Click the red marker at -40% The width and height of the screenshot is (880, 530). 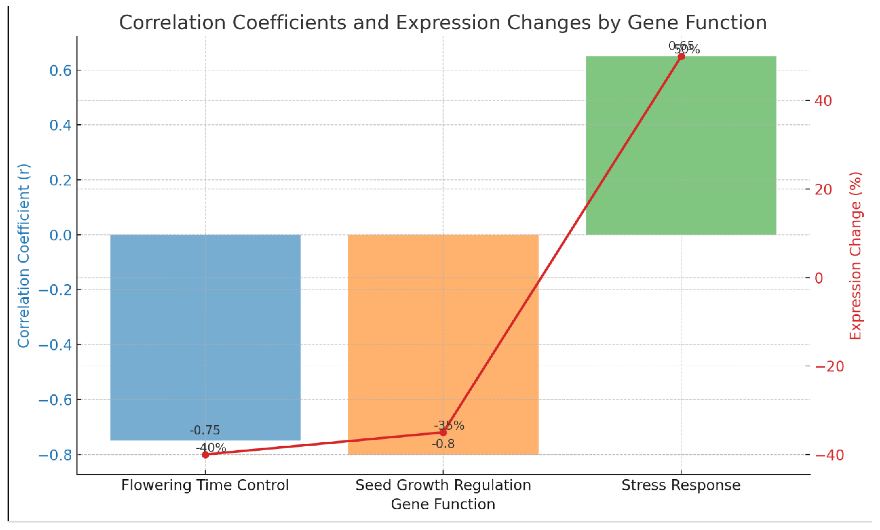coord(205,455)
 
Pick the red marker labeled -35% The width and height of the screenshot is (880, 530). coord(443,433)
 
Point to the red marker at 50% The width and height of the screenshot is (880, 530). coord(681,57)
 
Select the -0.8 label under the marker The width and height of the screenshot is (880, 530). coord(443,444)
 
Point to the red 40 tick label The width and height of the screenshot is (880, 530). coord(823,101)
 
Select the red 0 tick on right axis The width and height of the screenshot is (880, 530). coord(819,278)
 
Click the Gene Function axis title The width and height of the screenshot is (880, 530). coord(443,504)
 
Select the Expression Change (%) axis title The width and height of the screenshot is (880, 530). coord(856,256)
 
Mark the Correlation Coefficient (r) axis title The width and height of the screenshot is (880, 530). coord(23,256)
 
